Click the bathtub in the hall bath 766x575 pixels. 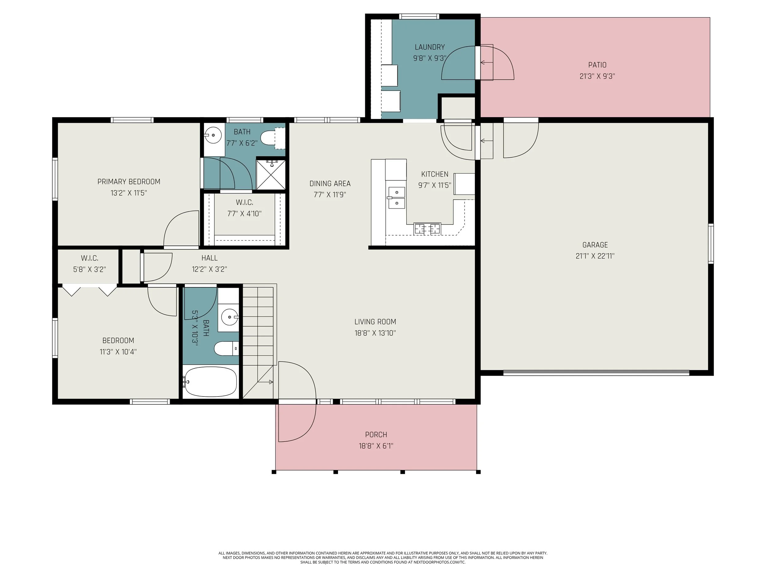point(210,381)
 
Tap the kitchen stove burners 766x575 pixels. point(427,229)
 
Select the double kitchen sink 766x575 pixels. point(396,197)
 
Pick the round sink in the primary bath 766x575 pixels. point(213,135)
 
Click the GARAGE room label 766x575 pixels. point(595,245)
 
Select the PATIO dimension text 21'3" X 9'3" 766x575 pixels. point(597,76)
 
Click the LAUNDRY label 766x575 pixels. point(430,47)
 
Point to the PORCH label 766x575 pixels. point(376,435)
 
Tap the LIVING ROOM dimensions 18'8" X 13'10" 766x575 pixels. point(375,333)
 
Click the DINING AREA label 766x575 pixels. point(330,184)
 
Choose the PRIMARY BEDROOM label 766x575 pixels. point(129,182)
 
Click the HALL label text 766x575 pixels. point(210,258)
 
